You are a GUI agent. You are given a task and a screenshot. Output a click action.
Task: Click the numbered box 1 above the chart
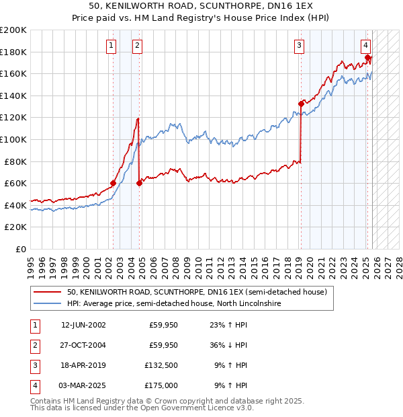111,46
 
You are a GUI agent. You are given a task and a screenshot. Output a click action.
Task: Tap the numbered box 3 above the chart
299,46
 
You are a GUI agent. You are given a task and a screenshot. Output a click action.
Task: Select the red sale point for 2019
301,104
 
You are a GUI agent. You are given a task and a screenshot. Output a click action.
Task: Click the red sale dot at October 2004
139,183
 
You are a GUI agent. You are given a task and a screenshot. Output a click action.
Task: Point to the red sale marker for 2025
367,57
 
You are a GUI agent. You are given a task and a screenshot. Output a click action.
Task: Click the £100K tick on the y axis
13,139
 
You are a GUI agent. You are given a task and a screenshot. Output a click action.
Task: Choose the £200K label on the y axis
13,30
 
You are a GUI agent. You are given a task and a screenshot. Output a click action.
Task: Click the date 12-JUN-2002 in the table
83,325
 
